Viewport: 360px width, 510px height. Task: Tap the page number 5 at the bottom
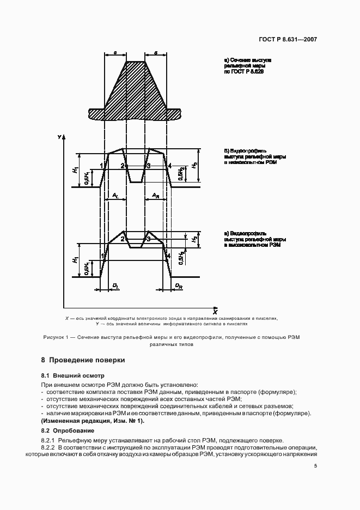315,465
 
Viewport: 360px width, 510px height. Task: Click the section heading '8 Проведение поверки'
83,360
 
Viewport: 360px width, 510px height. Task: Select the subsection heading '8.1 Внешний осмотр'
72,376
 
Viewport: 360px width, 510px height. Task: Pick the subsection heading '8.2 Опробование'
69,430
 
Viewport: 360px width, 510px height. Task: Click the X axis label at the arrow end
215,313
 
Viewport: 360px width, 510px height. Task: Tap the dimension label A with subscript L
115,195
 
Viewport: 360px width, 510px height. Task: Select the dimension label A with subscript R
155,195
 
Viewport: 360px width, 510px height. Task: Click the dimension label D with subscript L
115,285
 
